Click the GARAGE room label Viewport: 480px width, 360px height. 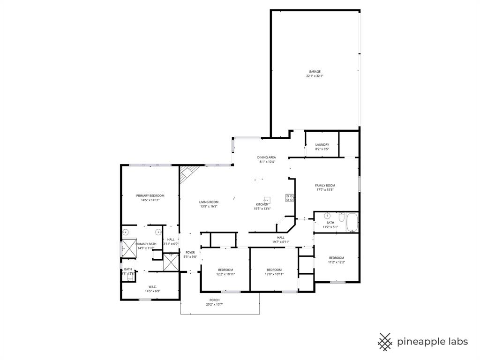point(315,72)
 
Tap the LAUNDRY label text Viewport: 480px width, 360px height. point(322,145)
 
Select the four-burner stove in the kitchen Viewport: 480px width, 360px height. point(290,198)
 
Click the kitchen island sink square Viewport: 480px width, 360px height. point(267,200)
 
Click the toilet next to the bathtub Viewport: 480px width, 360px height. point(342,217)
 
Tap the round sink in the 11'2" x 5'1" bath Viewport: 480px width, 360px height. point(327,216)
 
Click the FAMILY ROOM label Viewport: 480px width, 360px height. point(325,186)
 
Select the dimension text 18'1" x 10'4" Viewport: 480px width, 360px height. point(266,162)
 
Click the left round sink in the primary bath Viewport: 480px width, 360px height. point(125,232)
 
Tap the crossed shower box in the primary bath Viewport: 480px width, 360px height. point(128,248)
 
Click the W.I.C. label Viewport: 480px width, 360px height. point(152,286)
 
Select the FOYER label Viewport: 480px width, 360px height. point(190,252)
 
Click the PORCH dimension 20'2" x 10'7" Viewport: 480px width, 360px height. point(214,305)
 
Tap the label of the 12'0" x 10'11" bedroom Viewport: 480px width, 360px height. point(274,270)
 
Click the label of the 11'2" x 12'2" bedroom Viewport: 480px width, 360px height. point(336,258)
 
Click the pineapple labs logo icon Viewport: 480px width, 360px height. point(385,342)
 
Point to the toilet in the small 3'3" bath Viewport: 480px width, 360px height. point(129,276)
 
